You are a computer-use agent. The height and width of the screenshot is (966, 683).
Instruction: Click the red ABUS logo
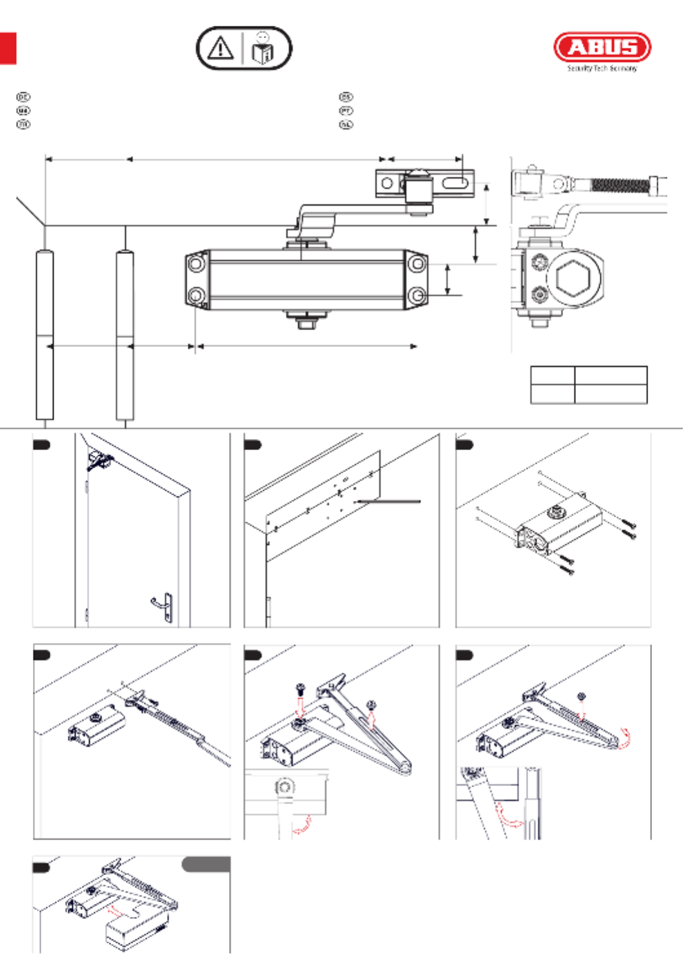(602, 47)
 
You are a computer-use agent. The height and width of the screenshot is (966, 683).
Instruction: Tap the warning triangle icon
(220, 48)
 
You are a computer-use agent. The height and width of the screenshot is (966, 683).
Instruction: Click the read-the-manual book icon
(263, 49)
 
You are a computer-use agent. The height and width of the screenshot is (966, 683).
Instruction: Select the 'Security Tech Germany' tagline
(602, 68)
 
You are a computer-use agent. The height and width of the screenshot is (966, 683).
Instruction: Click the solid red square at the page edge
(7, 48)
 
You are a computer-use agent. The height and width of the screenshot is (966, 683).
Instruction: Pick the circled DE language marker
(23, 97)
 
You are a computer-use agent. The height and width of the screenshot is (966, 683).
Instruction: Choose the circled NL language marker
(346, 124)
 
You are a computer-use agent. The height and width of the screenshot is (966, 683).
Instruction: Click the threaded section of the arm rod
(620, 184)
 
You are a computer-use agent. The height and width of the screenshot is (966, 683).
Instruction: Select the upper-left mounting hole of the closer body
(195, 264)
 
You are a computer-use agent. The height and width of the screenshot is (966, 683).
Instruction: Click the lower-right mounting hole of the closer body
(418, 295)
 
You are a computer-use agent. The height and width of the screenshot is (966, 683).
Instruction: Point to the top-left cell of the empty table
(553, 375)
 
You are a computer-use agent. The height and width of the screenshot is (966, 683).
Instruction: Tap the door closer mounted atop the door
(100, 460)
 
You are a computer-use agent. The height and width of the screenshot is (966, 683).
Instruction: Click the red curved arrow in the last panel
(117, 911)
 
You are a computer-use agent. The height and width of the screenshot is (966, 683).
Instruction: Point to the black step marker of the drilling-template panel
(252, 444)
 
